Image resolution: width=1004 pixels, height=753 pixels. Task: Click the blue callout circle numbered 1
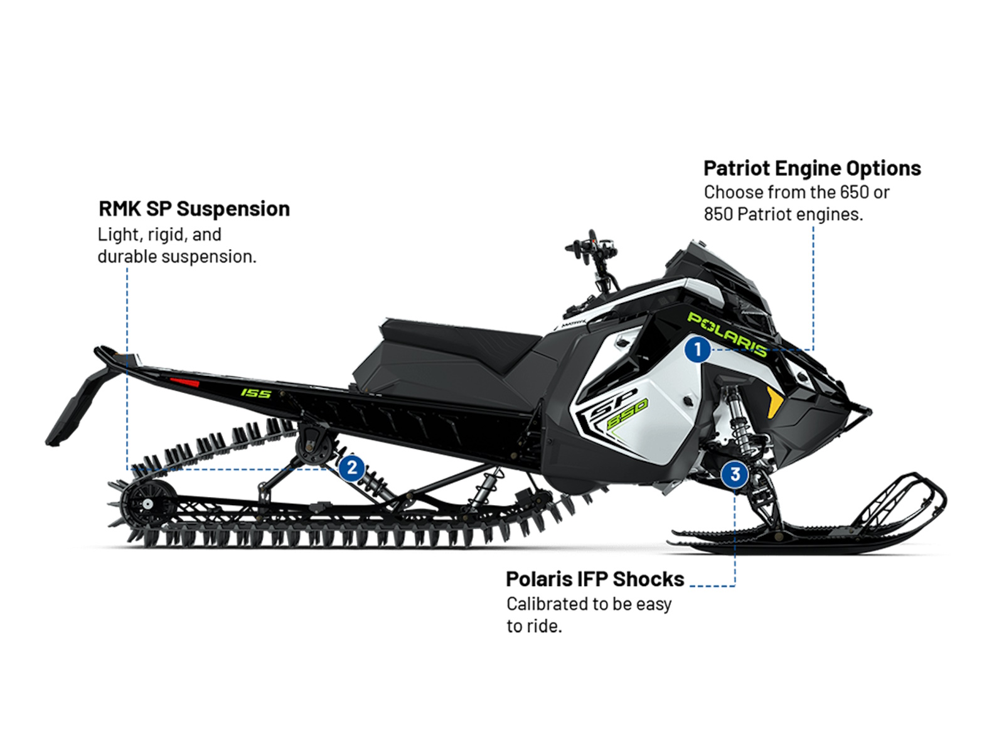click(x=697, y=350)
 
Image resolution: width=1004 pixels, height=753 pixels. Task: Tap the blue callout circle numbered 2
click(x=351, y=467)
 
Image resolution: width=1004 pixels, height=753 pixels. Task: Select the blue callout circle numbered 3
click(x=735, y=474)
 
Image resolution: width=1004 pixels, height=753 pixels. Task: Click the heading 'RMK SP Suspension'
click(x=195, y=209)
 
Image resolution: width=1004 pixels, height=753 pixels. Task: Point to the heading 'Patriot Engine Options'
click(x=812, y=168)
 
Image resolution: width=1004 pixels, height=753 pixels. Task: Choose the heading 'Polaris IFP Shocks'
click(x=595, y=579)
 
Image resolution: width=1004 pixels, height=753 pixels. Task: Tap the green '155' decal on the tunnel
click(x=255, y=393)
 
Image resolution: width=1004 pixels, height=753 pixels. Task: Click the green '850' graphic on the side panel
click(x=627, y=414)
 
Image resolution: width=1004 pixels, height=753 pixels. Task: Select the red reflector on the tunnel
click(x=184, y=382)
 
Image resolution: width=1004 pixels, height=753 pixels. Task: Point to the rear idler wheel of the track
click(x=147, y=503)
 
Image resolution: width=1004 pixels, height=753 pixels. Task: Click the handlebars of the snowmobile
click(x=593, y=260)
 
